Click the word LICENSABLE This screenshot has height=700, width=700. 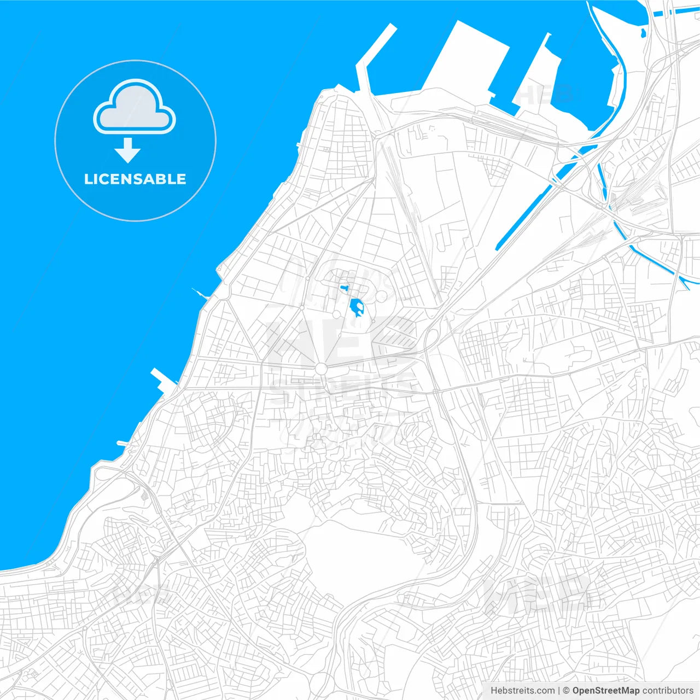(x=135, y=179)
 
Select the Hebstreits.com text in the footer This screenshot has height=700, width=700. (x=522, y=690)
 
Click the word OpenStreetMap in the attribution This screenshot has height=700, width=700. (x=605, y=690)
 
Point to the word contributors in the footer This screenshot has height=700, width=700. (x=668, y=690)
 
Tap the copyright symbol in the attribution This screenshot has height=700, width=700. (x=567, y=690)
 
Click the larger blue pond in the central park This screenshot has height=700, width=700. (x=357, y=308)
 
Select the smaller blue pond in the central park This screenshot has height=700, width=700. (x=345, y=287)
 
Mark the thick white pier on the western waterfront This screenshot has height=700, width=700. (x=164, y=381)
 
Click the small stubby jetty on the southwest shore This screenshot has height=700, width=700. (x=124, y=442)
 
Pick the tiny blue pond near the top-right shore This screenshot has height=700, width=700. (x=642, y=34)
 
